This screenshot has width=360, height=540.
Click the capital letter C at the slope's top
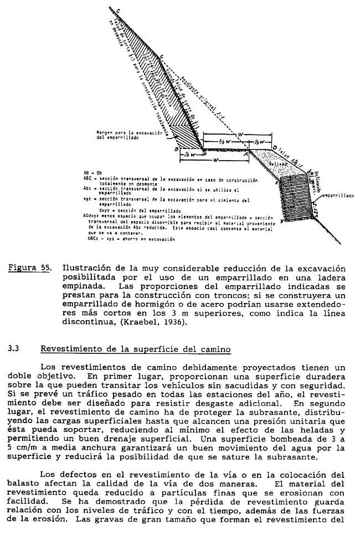click(119, 10)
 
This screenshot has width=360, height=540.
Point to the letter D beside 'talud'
click(274, 148)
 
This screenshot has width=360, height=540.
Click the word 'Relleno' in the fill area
click(277, 164)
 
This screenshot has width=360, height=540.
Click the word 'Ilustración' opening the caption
click(88, 268)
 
